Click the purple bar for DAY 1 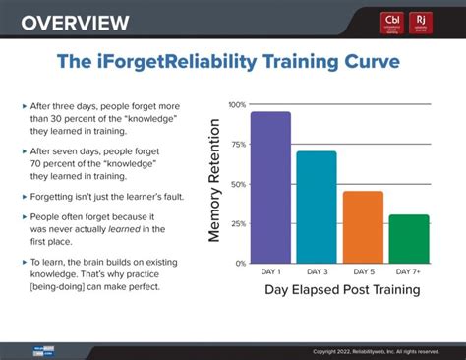pos(269,187)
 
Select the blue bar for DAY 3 pos(316,207)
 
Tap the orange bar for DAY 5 pos(363,226)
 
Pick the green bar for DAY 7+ pos(408,238)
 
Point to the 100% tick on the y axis pos(237,104)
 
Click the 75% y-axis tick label pos(238,145)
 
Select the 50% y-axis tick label pos(238,184)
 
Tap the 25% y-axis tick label pos(238,223)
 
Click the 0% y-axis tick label pos(240,263)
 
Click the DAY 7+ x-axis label pos(408,271)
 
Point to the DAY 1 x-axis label pos(269,271)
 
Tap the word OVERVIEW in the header pos(75,22)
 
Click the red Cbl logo pos(393,22)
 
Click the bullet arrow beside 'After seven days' pos(24,151)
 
